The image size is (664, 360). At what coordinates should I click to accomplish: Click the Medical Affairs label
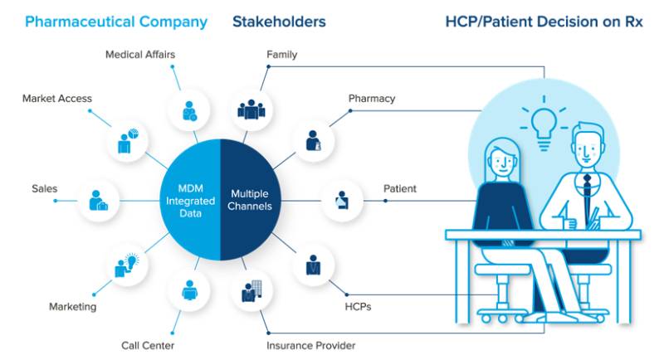coord(140,55)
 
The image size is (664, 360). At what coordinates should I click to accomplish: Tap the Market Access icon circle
coord(127,141)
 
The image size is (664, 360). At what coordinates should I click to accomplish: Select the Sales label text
coord(44,188)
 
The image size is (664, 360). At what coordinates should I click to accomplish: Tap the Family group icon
coord(250,109)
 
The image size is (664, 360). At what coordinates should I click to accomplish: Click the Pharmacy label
coord(372,98)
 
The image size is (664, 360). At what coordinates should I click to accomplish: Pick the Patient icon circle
coord(342,200)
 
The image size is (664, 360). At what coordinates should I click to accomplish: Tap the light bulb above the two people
coord(544,121)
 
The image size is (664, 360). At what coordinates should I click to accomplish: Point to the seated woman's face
coord(505,157)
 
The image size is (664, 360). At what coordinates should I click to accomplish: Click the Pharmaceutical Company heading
coord(116,22)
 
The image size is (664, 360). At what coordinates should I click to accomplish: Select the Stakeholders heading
coord(279,22)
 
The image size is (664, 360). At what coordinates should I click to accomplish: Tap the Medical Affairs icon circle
coord(189,110)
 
